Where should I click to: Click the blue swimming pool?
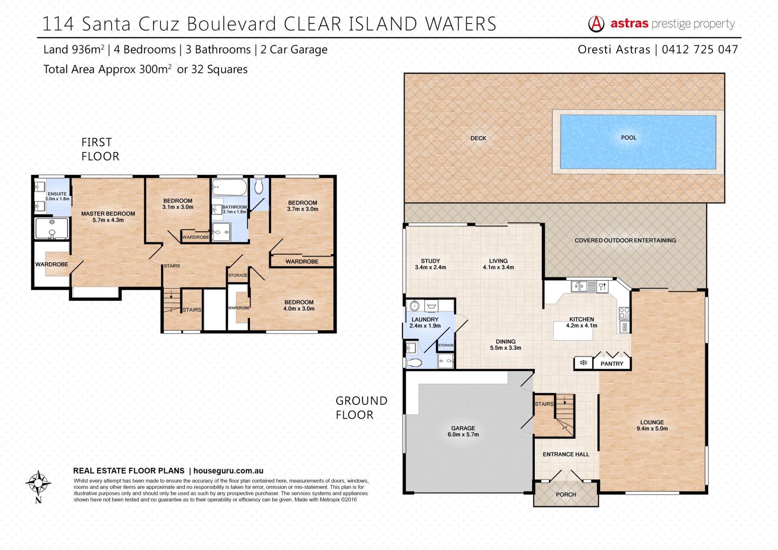638,141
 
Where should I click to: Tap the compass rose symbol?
38,484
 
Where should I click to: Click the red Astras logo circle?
596,24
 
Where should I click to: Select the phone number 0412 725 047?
700,49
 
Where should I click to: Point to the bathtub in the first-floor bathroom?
229,188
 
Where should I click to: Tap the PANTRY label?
612,364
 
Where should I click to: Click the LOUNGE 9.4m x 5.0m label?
652,425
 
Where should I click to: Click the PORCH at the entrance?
566,494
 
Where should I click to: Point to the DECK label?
478,138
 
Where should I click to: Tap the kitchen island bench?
573,331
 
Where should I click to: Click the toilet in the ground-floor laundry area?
414,362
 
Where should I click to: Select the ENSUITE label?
57,194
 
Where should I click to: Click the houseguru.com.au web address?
229,471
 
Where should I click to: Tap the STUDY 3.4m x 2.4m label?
430,264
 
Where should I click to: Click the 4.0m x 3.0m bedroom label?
299,306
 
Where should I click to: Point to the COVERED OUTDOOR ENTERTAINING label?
625,240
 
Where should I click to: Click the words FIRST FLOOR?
100,149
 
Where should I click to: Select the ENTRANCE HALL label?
566,454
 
